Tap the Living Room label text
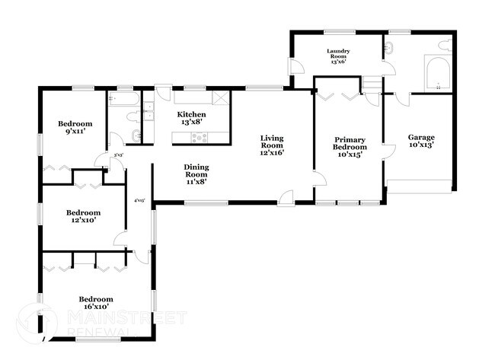(272, 145)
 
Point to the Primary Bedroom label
(350, 147)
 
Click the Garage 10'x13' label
(420, 142)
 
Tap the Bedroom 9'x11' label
(75, 128)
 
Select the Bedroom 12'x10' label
(80, 217)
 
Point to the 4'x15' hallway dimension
(139, 201)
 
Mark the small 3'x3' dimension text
(118, 155)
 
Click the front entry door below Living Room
(286, 197)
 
